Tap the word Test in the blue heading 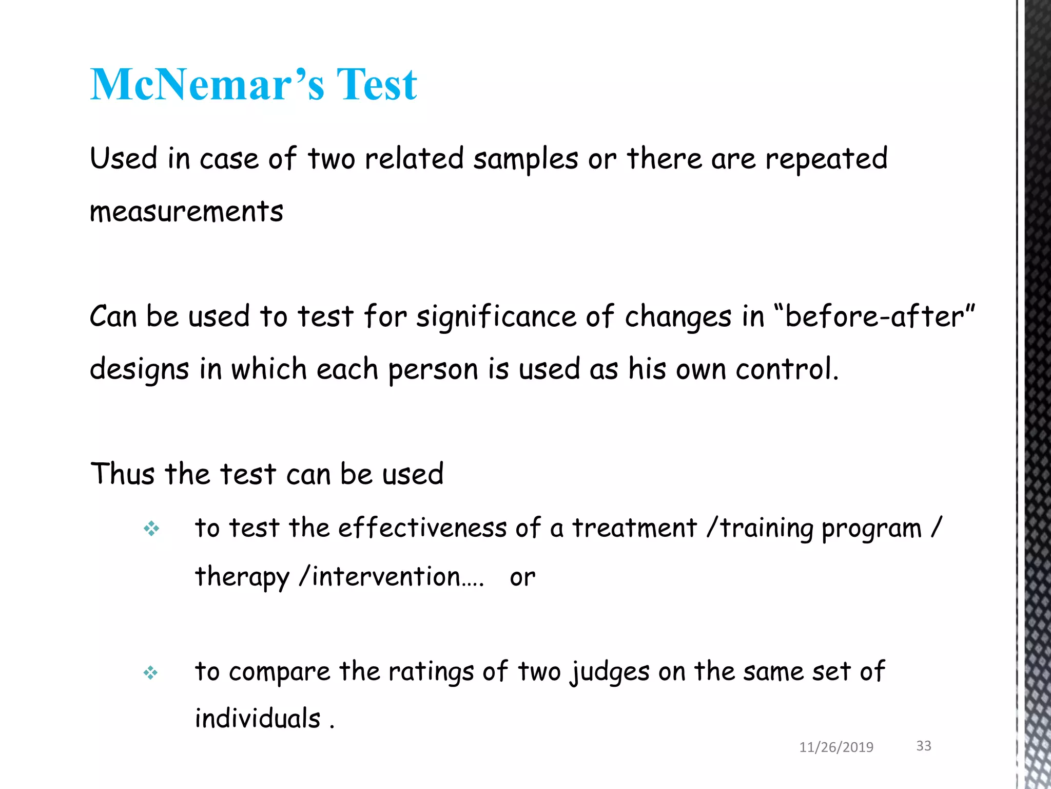(376, 84)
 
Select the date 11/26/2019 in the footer (836, 747)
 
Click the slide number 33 (924, 746)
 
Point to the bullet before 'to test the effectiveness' (151, 529)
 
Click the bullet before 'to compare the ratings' (151, 672)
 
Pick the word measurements (186, 212)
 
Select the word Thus (122, 474)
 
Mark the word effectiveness (422, 528)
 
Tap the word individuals (258, 718)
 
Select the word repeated (826, 159)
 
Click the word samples (525, 159)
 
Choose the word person (433, 370)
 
